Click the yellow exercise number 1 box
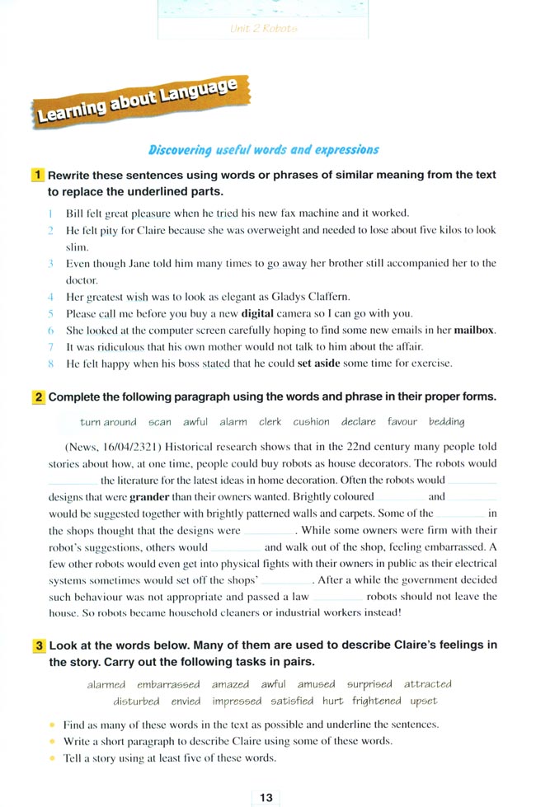tap(39, 175)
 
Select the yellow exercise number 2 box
tap(39, 396)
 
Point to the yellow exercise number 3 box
tap(39, 645)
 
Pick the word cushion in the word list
tap(311, 422)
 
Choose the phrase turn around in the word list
tap(108, 422)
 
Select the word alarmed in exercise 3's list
tap(106, 684)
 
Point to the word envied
tap(186, 701)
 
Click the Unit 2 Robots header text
tap(264, 29)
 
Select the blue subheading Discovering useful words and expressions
tap(263, 150)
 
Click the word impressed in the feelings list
tap(237, 701)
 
